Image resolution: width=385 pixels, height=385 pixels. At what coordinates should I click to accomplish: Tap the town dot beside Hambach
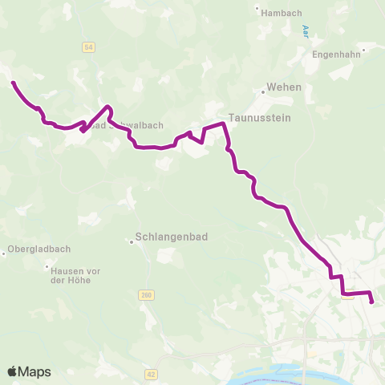(x=257, y=10)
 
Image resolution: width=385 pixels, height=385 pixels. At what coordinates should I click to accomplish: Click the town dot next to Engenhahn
(x=364, y=50)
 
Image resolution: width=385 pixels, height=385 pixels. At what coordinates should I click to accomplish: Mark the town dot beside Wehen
(x=262, y=91)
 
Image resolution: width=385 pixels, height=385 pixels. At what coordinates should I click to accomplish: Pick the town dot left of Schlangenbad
(x=133, y=239)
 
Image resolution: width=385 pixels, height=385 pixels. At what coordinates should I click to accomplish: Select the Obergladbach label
(x=37, y=249)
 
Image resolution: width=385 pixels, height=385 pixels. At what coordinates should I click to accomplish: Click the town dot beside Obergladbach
(x=4, y=253)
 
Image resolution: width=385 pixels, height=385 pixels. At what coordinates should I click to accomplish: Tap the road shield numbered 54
(x=88, y=48)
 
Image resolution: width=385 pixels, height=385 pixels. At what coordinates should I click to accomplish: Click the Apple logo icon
(x=13, y=371)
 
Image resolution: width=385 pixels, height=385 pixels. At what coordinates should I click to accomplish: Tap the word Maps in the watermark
(x=35, y=371)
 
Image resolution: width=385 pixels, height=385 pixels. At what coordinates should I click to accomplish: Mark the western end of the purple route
(x=12, y=81)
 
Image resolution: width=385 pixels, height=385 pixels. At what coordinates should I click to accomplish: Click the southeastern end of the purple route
(x=372, y=302)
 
